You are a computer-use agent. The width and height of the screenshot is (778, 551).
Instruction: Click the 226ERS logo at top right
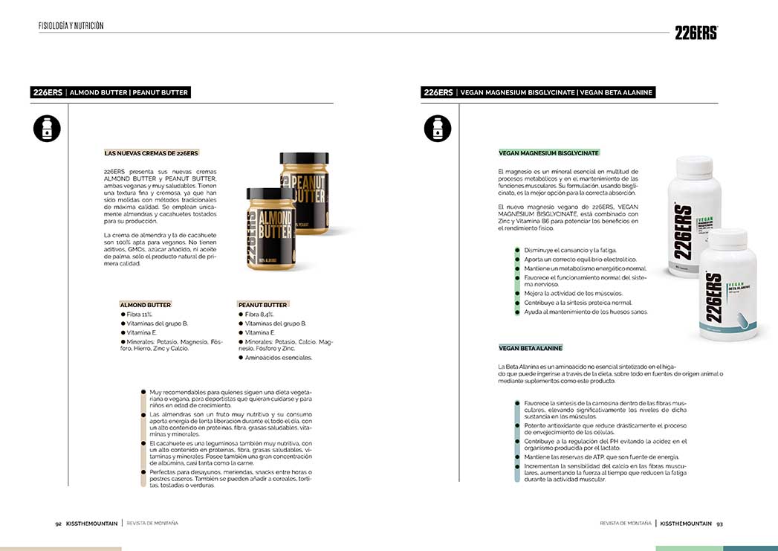click(696, 32)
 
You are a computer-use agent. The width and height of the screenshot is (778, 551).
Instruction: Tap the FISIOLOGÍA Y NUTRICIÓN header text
click(71, 26)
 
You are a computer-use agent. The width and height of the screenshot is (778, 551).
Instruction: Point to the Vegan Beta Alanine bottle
click(727, 286)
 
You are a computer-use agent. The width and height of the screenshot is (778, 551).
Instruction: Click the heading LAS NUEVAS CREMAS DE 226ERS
click(152, 153)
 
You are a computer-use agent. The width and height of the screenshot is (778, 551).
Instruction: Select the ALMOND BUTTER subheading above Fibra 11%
click(146, 305)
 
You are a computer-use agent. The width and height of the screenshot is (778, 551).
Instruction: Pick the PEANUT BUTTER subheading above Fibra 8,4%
click(262, 305)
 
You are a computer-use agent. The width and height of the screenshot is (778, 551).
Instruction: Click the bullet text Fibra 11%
click(139, 315)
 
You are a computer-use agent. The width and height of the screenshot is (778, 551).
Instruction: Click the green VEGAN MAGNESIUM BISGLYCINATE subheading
click(548, 152)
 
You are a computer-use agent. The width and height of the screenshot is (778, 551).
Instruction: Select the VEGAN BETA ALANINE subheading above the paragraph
click(531, 348)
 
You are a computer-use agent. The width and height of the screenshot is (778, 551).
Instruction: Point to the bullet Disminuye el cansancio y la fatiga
click(570, 251)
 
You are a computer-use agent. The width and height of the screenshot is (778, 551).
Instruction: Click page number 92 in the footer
click(58, 523)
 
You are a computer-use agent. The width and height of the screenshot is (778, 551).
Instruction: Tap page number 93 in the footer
click(719, 523)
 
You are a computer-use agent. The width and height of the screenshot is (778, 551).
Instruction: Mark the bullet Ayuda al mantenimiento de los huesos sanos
click(586, 312)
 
